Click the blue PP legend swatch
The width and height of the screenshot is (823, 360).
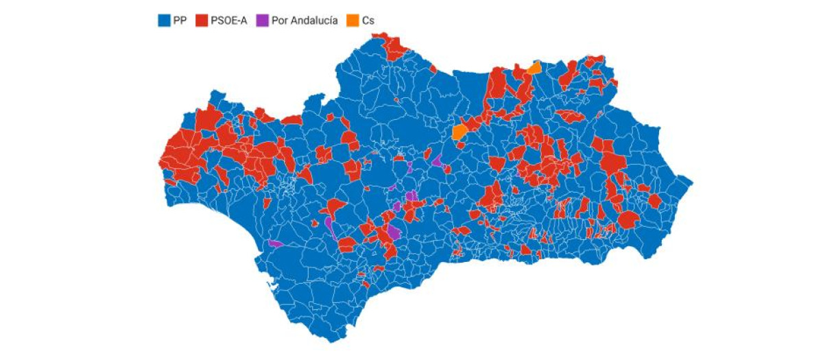163,21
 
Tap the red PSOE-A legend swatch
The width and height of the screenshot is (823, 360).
202,21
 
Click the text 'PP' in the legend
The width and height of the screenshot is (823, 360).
180,21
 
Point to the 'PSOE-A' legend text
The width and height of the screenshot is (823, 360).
228,21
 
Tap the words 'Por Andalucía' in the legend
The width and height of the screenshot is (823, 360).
305,21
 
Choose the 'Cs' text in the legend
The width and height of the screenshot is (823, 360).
368,21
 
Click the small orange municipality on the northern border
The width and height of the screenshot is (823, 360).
534,67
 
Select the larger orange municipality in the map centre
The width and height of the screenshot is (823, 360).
459,131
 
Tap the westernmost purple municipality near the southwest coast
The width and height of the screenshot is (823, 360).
276,243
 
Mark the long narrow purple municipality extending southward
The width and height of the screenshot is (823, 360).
331,228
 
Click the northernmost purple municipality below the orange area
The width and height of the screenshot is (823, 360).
436,161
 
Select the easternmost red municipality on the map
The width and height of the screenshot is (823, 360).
654,200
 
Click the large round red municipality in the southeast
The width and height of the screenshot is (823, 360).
628,219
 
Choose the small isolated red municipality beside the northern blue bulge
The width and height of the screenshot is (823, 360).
433,68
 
